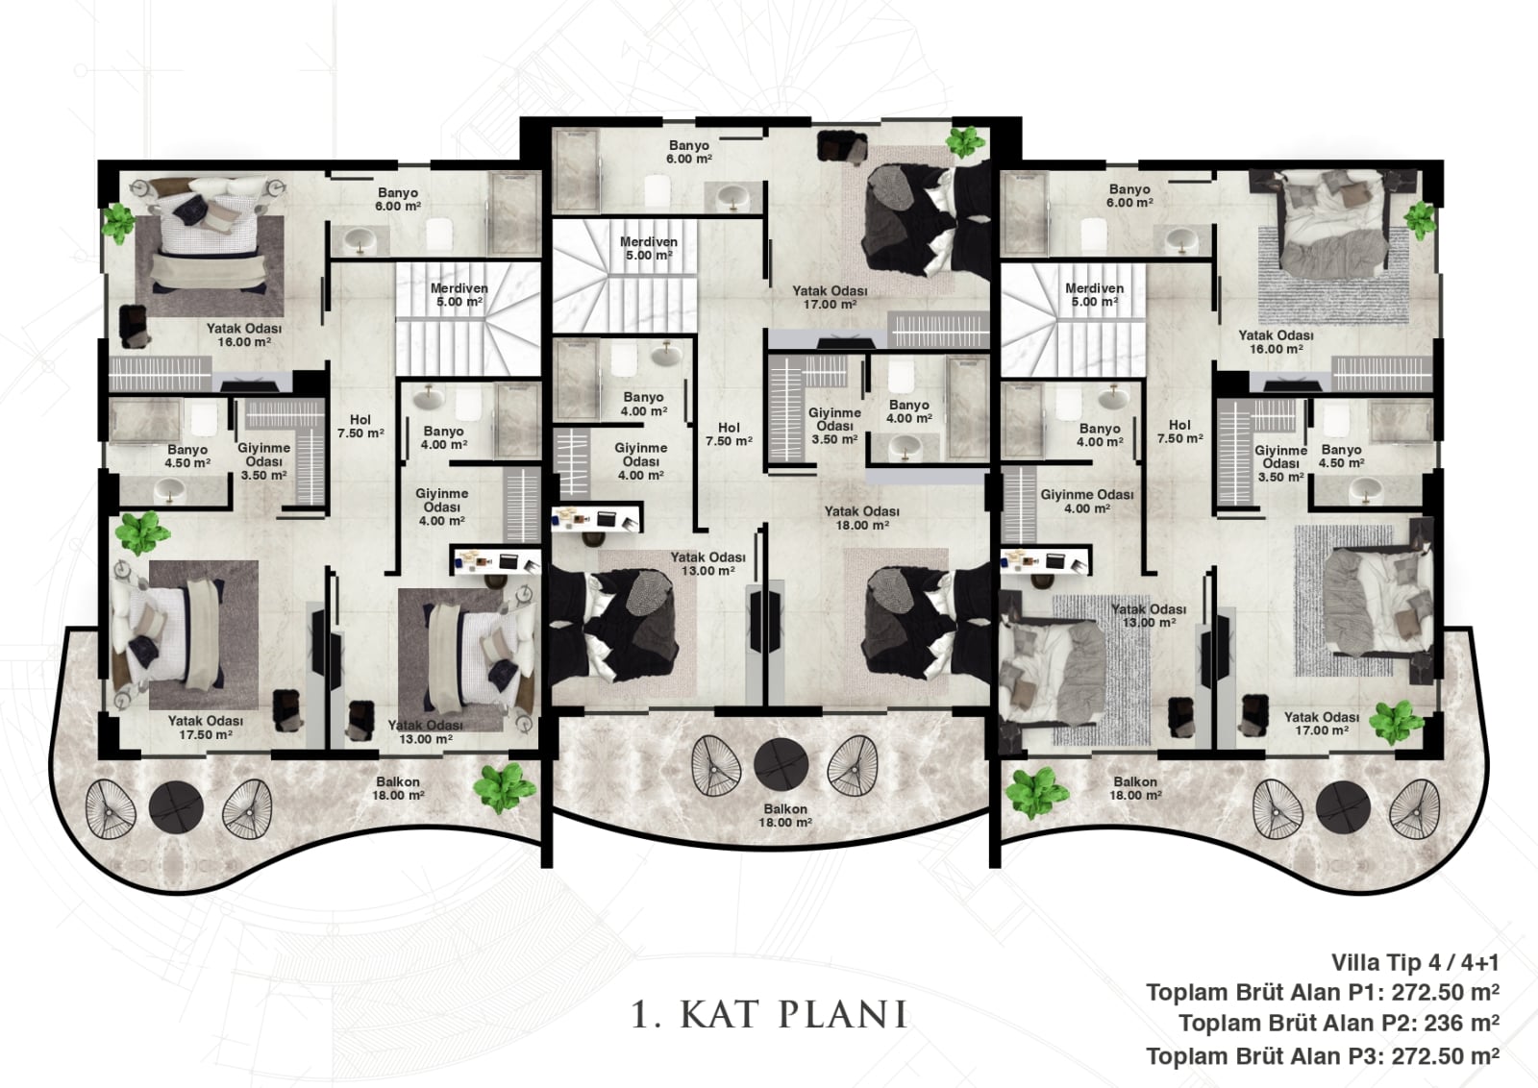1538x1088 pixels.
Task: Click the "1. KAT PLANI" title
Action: click(x=769, y=1015)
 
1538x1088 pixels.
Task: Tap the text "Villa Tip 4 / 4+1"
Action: click(x=1415, y=963)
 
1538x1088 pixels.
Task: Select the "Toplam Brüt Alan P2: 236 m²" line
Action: click(x=1339, y=1024)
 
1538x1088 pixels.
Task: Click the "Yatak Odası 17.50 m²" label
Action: click(x=206, y=728)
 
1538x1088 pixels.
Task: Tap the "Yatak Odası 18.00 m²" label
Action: click(x=861, y=518)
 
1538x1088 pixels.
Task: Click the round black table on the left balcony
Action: click(x=177, y=807)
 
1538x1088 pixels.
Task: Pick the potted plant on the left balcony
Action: click(x=506, y=788)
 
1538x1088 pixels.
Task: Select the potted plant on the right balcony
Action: click(x=1036, y=793)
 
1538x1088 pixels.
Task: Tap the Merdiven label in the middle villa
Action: click(x=649, y=249)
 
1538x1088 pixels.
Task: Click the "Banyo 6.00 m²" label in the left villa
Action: click(x=398, y=199)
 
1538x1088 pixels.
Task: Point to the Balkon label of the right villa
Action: click(x=1135, y=788)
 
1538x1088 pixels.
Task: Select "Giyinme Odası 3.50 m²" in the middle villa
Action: click(x=834, y=426)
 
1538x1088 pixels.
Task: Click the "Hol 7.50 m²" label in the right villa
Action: click(x=1179, y=432)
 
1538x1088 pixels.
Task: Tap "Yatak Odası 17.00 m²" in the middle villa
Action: click(x=831, y=297)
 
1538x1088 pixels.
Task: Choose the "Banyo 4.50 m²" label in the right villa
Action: click(x=1341, y=456)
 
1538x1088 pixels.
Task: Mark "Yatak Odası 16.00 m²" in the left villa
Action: click(x=244, y=335)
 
